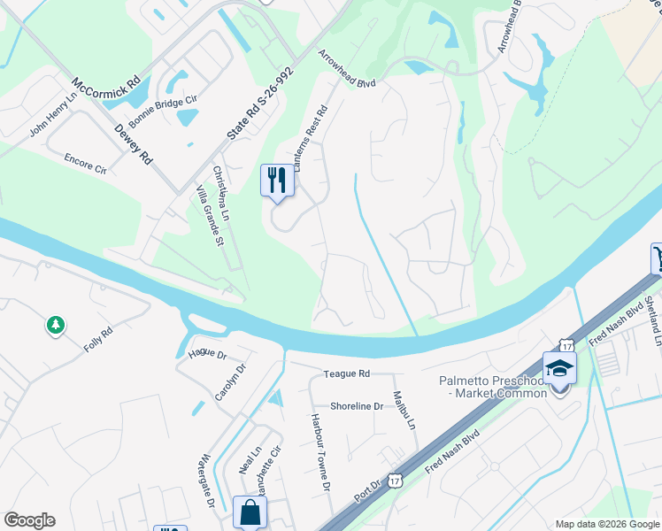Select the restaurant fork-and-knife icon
pos(277,181)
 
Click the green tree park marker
pos(56,327)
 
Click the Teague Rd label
pos(346,374)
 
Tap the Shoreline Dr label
pos(356,406)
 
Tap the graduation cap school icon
pos(559,367)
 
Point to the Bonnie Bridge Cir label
pos(163,112)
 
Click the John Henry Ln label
pos(53,119)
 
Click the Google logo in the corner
pos(28,520)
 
